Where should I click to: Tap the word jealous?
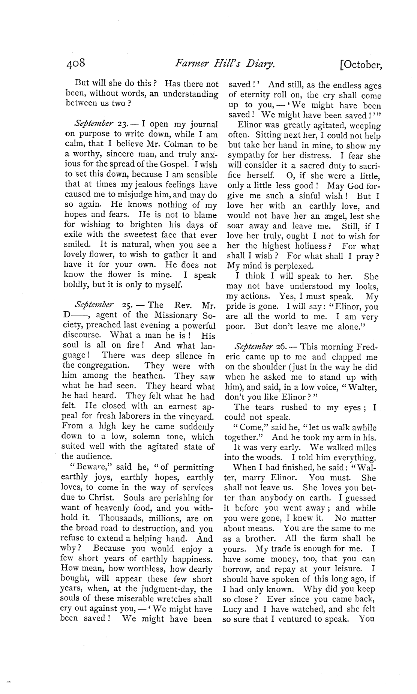click(121, 185)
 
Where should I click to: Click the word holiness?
click(314, 246)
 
